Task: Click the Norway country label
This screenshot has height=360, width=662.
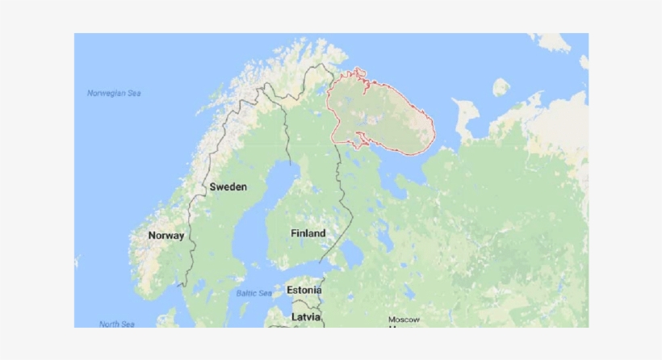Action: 166,236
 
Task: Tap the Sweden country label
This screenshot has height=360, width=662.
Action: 228,186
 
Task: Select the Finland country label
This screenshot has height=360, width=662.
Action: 308,233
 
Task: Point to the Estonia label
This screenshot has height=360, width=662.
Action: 304,290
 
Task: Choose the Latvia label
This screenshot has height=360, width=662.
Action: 306,316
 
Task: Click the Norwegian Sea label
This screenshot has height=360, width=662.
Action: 114,94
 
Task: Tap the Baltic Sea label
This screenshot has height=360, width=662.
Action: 255,293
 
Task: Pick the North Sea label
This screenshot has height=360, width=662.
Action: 116,324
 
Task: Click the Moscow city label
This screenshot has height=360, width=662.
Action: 404,320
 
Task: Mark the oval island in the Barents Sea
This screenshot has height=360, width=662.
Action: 501,86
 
